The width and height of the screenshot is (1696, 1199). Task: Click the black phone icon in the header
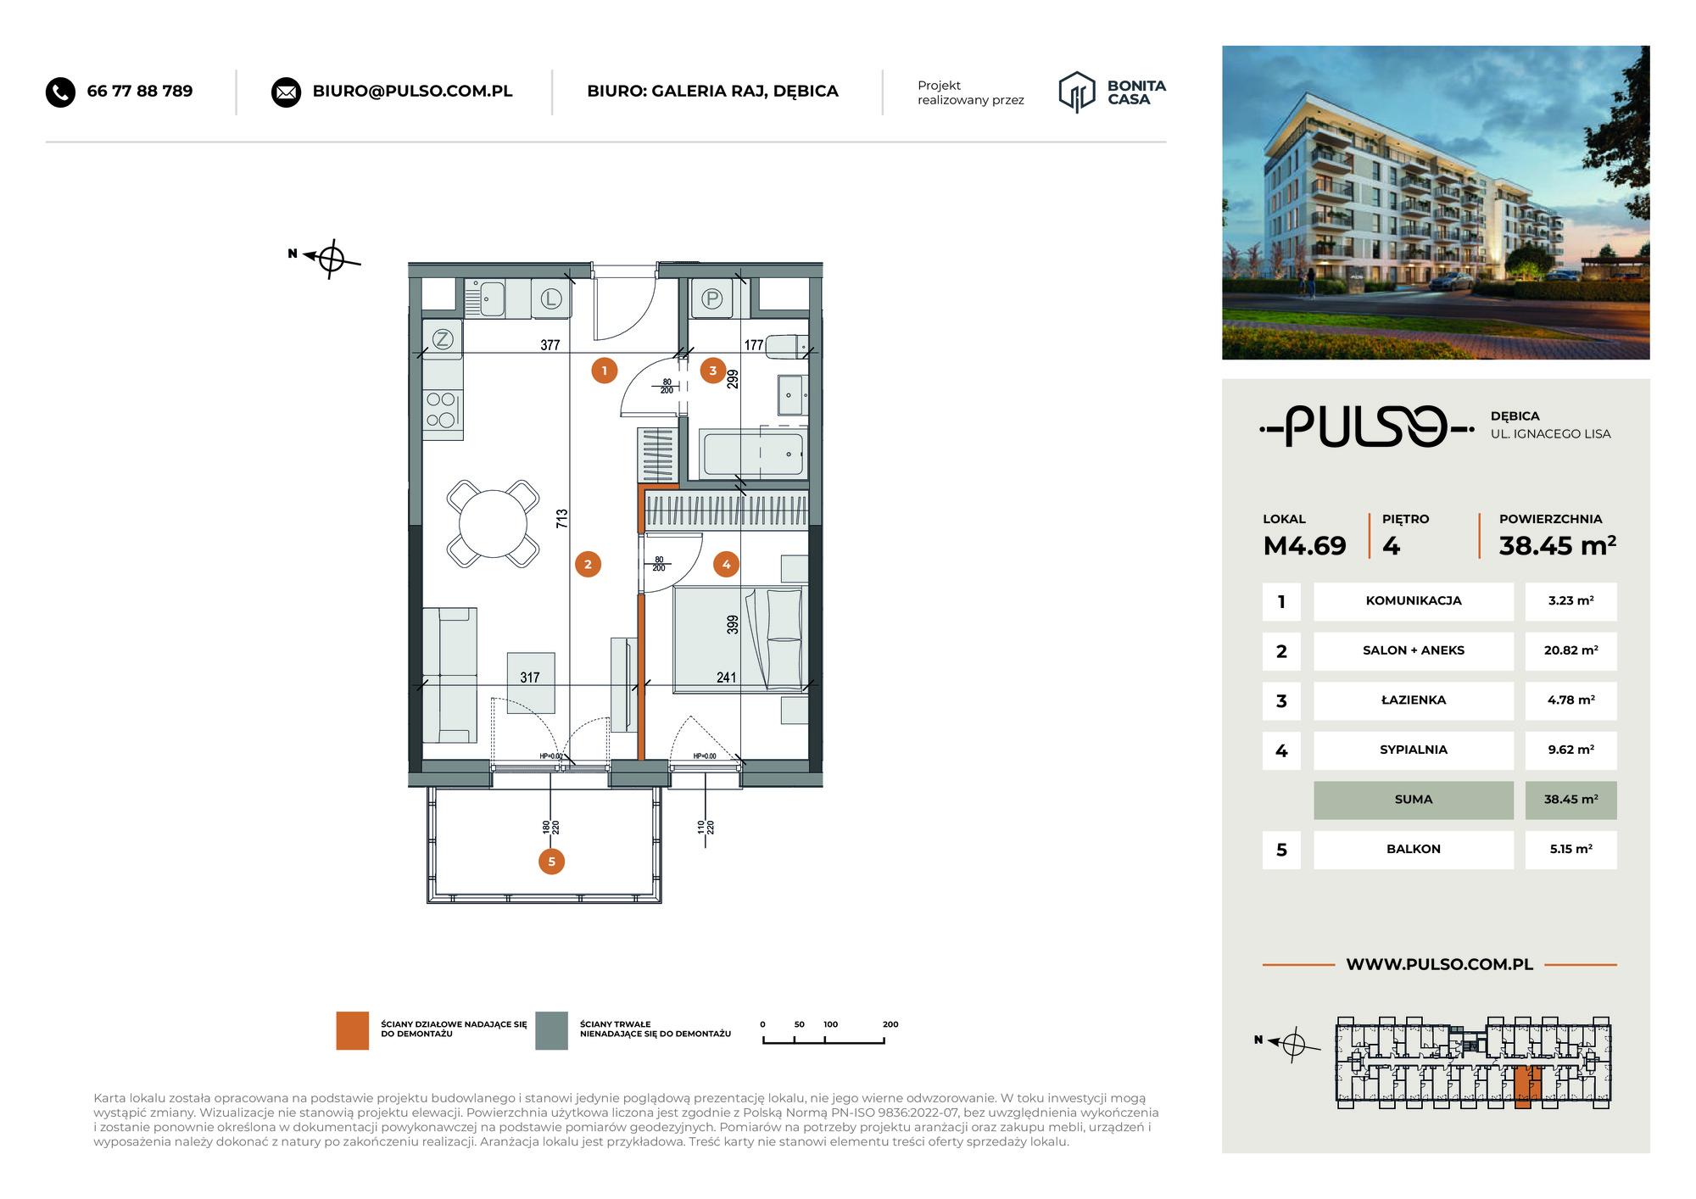pos(60,92)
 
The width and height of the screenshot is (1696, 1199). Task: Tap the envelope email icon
pos(286,92)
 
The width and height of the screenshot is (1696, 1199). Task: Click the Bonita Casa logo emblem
pos(1077,92)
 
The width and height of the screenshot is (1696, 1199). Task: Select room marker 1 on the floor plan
pos(604,371)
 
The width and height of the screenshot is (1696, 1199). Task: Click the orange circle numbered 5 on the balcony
pos(551,862)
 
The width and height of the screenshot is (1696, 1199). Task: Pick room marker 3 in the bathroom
pos(712,371)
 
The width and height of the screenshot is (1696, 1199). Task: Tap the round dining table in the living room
pos(493,523)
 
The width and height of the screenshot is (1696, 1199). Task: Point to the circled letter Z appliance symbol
pos(443,340)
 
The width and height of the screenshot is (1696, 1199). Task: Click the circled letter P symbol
pos(712,298)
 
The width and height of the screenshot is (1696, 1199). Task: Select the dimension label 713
pos(561,519)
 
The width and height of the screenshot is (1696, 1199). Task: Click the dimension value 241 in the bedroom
pos(726,678)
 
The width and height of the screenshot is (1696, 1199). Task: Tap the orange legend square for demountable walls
pos(352,1030)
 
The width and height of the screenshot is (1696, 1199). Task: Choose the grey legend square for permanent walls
pos(551,1030)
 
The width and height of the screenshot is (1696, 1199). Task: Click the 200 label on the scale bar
pos(890,1024)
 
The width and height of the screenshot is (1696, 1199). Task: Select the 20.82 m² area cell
pos(1570,650)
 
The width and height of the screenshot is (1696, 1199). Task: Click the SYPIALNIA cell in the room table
pos(1414,750)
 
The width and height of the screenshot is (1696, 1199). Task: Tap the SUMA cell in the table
pos(1414,800)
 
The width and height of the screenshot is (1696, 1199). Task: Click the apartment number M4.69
pos(1304,545)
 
